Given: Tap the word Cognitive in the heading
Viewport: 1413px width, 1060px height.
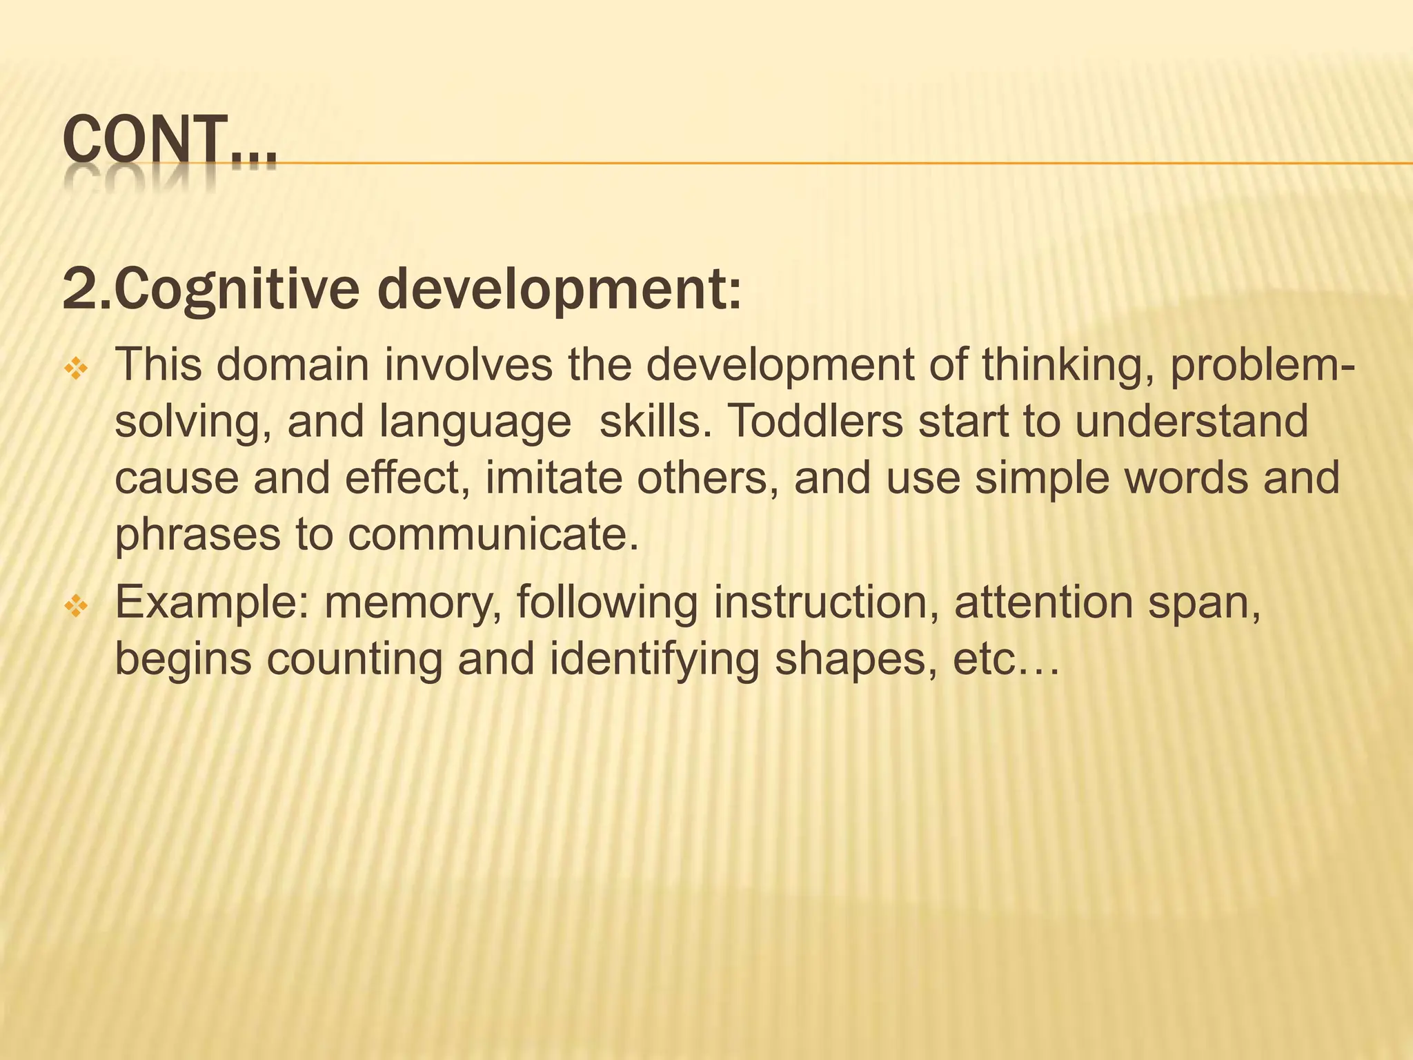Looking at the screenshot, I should click(237, 290).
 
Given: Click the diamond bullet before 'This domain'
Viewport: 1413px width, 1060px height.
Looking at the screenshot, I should click(75, 371).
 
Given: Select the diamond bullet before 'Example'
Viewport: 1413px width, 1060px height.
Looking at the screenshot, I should click(75, 607).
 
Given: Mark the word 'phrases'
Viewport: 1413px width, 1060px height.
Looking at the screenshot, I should click(197, 536).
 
